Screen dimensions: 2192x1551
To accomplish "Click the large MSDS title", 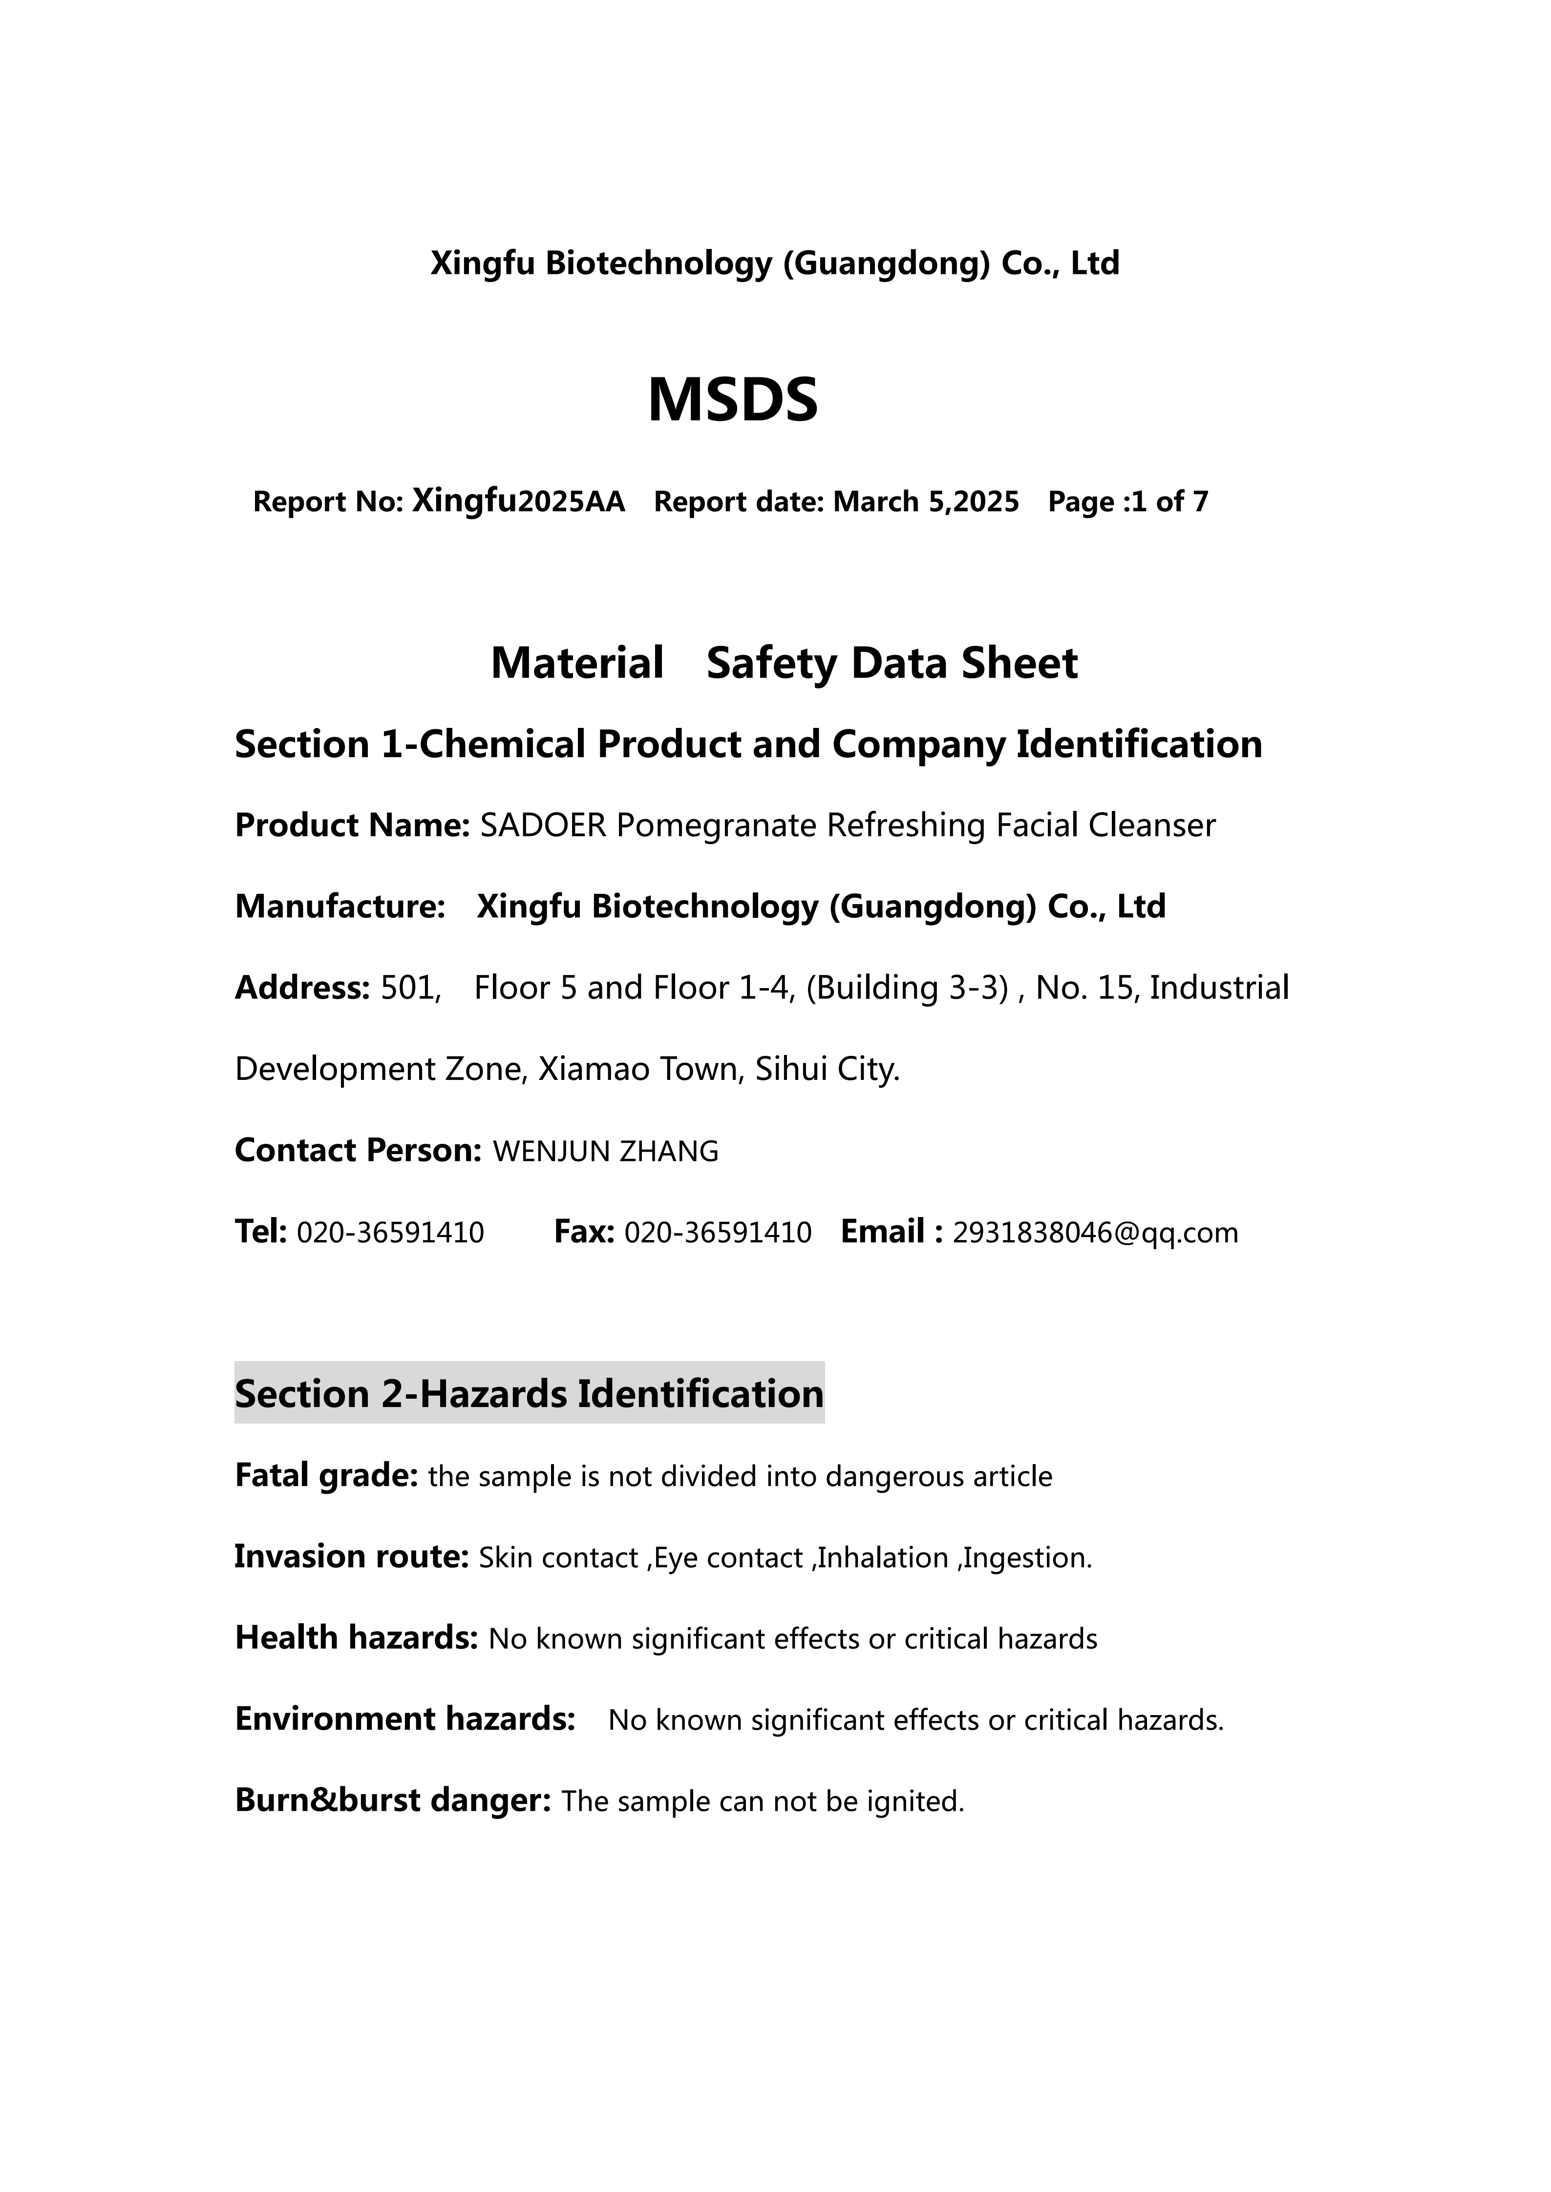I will [733, 400].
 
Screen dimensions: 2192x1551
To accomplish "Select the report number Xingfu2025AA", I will [519, 501].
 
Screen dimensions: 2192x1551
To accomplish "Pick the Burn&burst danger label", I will [393, 1800].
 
